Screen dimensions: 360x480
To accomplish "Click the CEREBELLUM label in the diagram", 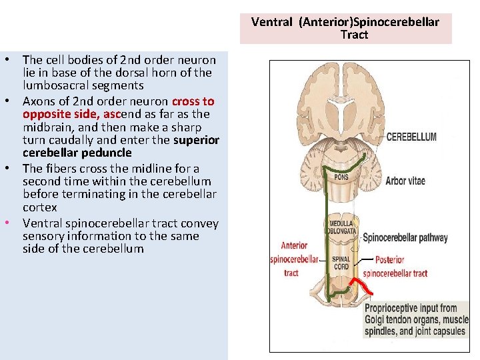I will click(411, 137).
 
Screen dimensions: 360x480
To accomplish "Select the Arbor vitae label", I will click(405, 181).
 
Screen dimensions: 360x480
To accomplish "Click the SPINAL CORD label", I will click(341, 263).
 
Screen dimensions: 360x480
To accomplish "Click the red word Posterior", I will click(390, 260).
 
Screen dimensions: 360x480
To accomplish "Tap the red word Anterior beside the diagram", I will click(294, 245).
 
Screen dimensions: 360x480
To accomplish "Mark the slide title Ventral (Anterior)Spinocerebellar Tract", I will click(345, 28).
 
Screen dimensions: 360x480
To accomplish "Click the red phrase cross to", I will click(193, 101).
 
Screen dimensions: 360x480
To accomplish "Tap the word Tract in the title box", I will click(354, 35).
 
